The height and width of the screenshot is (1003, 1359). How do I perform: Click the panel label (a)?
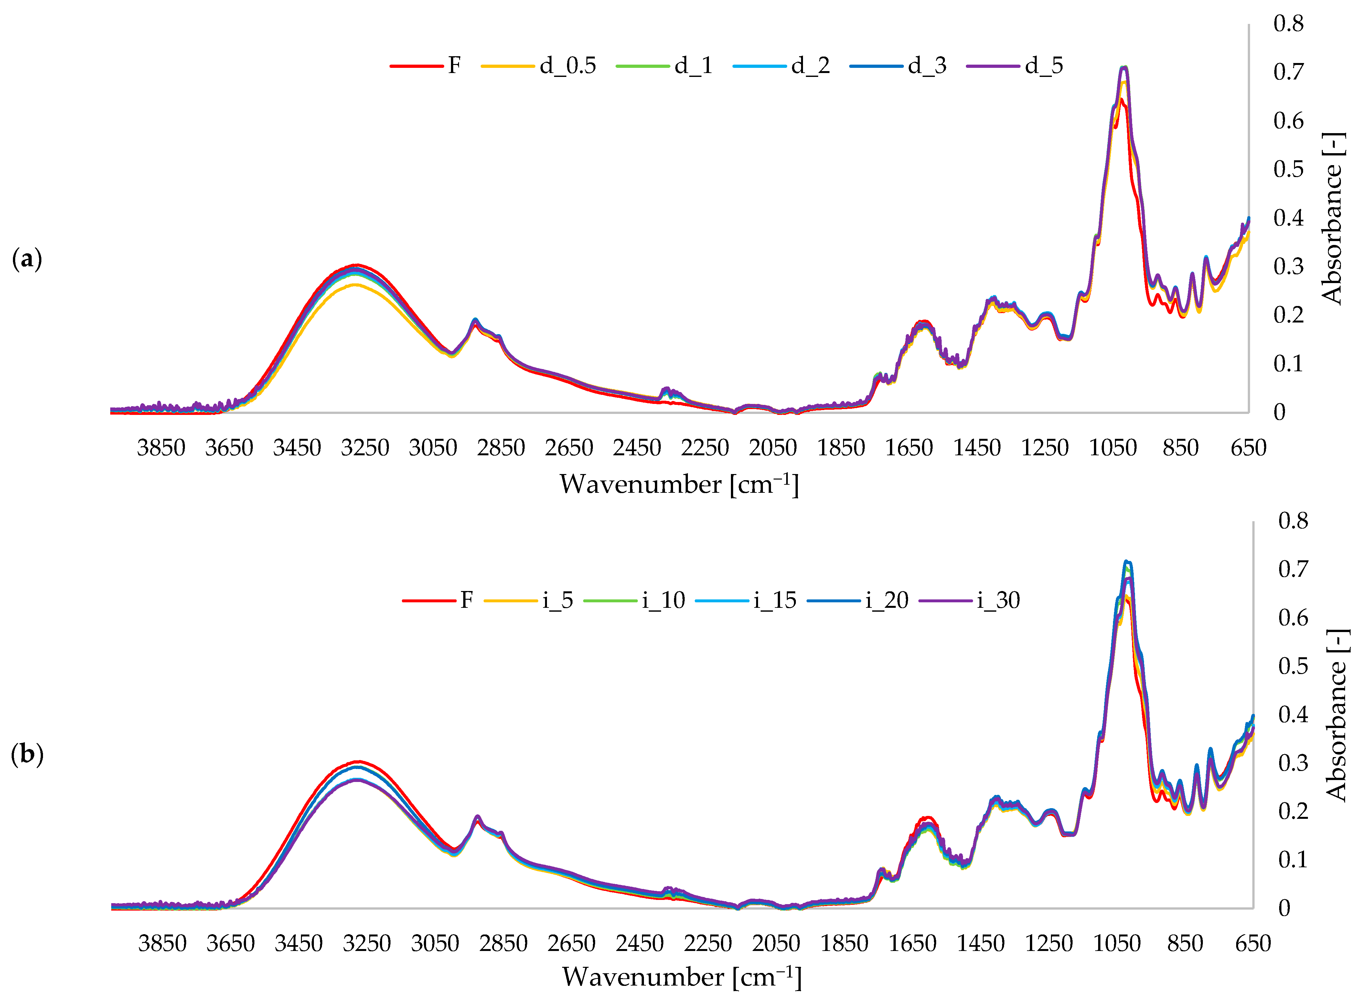coord(27,259)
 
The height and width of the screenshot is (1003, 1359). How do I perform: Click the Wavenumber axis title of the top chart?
coord(679,484)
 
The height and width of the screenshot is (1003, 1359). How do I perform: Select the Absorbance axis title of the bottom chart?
coord(1336,715)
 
